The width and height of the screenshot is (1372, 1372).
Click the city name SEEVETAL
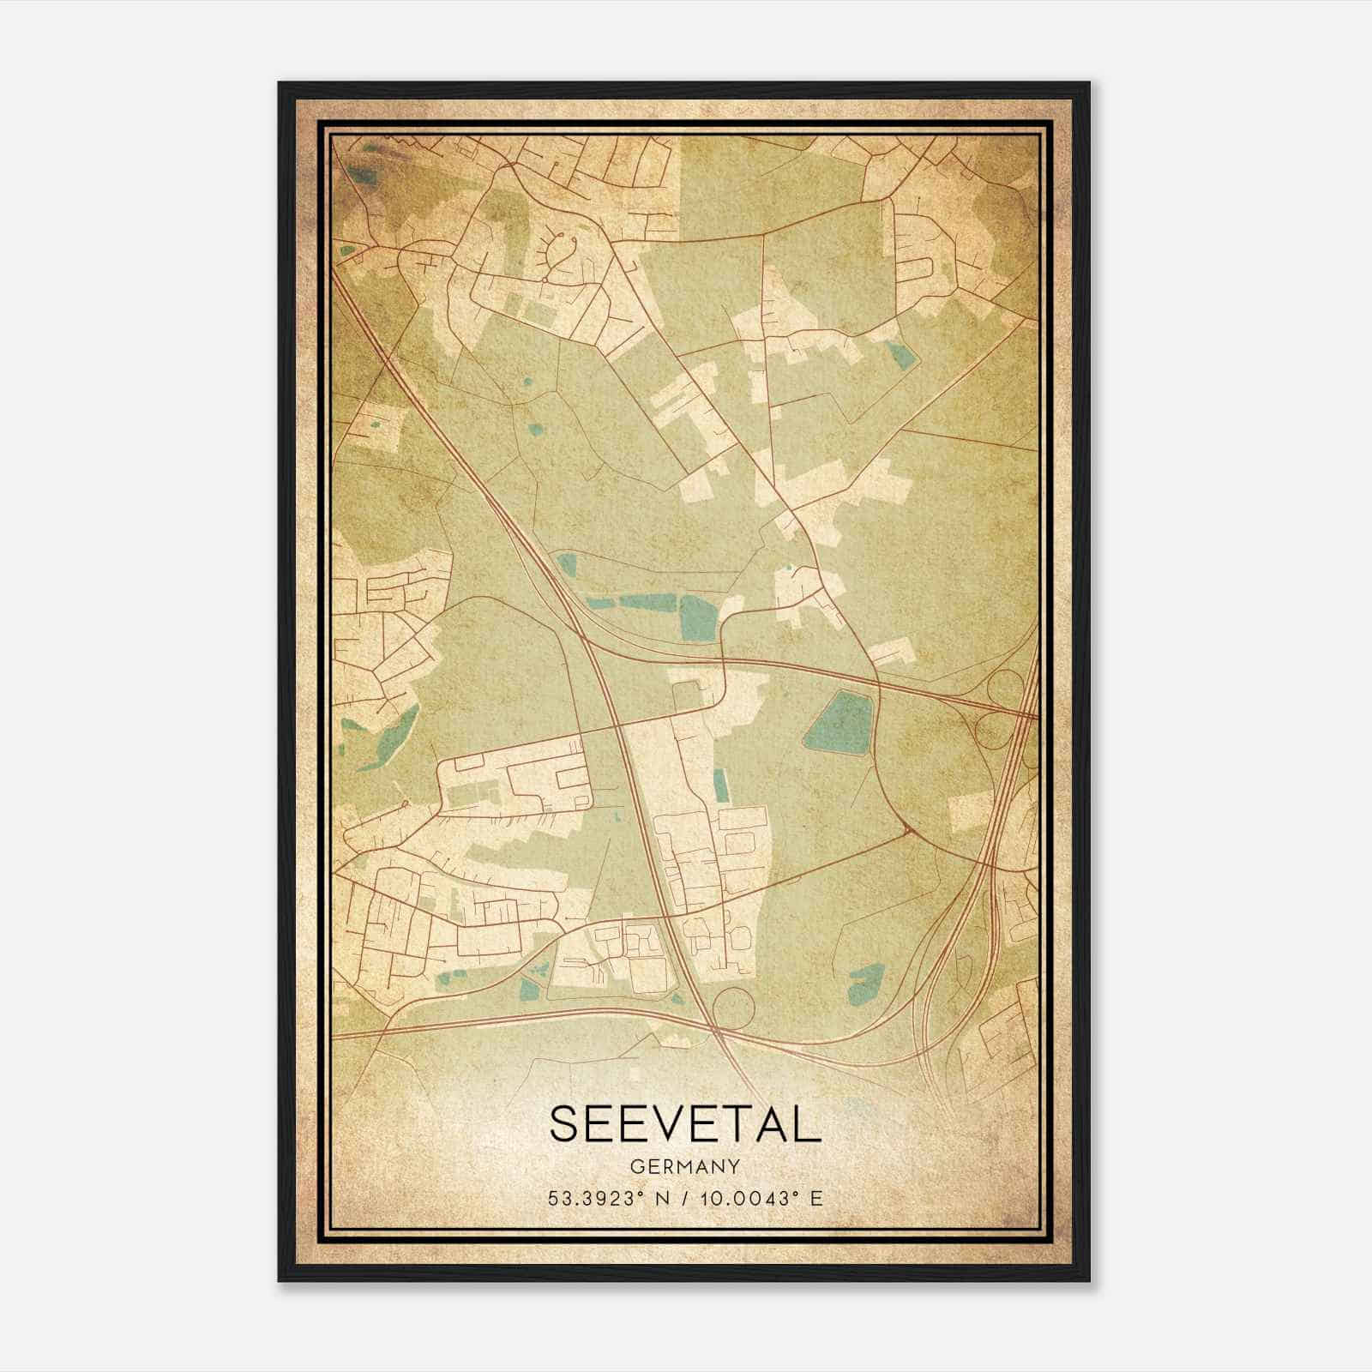[684, 1123]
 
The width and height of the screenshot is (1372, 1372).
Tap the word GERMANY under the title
[684, 1166]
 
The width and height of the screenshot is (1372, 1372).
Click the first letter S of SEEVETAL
[565, 1123]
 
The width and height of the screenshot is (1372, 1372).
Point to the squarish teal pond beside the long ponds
[696, 616]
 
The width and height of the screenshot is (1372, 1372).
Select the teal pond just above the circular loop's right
[866, 984]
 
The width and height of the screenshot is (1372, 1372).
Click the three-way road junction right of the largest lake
[906, 829]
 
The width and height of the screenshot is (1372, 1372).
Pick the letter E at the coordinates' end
[816, 1198]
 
